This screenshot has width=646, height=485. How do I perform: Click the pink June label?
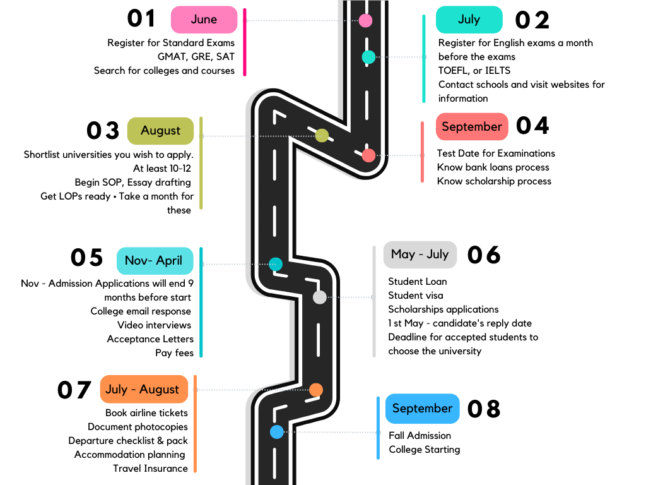click(x=204, y=20)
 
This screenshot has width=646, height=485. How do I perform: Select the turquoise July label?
click(x=469, y=20)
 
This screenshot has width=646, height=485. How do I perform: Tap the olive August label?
click(x=160, y=131)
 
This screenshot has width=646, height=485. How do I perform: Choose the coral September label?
click(x=471, y=126)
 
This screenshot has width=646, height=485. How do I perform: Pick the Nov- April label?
click(x=154, y=261)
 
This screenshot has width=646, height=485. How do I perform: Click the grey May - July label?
click(x=420, y=254)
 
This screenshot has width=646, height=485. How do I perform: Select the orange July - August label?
click(x=143, y=389)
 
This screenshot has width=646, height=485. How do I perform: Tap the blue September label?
click(x=422, y=409)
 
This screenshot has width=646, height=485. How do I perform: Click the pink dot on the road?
click(x=365, y=20)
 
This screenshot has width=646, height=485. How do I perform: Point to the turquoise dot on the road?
click(x=368, y=57)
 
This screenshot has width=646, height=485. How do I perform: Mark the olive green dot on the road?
click(x=322, y=135)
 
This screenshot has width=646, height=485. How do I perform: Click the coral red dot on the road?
click(x=368, y=155)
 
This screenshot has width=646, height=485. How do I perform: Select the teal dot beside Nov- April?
click(x=276, y=264)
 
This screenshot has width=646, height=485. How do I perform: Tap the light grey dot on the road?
click(x=320, y=297)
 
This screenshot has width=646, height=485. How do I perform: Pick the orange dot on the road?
click(x=316, y=390)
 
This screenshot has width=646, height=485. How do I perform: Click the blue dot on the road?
click(x=277, y=432)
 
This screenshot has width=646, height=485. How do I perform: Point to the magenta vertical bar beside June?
click(x=245, y=42)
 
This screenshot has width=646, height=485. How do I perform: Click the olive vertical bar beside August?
click(x=201, y=163)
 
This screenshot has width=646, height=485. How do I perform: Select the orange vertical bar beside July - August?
click(x=195, y=423)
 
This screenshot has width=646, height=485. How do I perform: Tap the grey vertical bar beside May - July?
click(x=374, y=302)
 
